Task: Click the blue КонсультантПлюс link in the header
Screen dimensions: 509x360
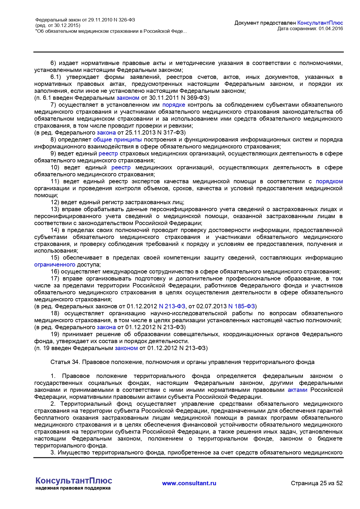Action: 320,23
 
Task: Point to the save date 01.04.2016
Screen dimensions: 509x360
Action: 331,28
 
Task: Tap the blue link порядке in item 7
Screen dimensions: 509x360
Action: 173,105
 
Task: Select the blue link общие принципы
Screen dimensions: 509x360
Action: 117,140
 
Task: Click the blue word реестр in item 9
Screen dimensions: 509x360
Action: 108,153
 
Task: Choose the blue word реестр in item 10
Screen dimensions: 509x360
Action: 121,167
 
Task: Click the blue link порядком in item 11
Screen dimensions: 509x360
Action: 329,181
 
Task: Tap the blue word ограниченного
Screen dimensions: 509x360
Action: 55,265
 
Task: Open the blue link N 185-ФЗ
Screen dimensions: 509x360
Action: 241,306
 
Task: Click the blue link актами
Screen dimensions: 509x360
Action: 297,390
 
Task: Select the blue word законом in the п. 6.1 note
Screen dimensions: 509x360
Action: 128,98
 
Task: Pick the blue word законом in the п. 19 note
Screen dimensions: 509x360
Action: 126,348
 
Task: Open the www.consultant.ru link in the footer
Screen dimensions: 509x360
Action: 189,483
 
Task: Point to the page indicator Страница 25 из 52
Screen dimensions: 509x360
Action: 316,483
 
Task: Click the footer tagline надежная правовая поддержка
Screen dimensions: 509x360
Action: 73,488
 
